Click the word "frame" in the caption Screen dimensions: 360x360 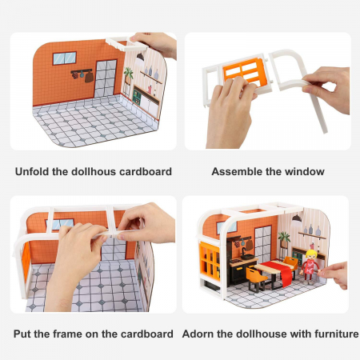pyautogui.click(x=68, y=334)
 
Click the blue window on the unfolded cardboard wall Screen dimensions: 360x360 pyautogui.click(x=65, y=58)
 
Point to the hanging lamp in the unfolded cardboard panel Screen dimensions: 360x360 pyautogui.click(x=140, y=57)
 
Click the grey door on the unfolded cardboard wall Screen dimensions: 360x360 pyautogui.click(x=106, y=78)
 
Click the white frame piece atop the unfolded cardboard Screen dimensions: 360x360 pyautogui.click(x=127, y=44)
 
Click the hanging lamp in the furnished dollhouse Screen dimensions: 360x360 pyautogui.click(x=297, y=218)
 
